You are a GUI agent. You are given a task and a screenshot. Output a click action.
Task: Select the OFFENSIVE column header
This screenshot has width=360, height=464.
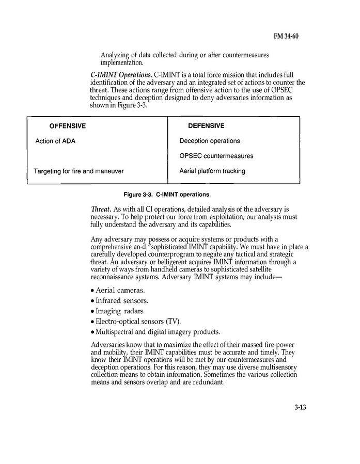tap(68, 126)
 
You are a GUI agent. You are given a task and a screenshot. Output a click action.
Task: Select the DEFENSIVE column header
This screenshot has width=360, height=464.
tap(206, 126)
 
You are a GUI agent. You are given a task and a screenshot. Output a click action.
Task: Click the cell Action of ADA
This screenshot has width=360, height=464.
tap(55, 141)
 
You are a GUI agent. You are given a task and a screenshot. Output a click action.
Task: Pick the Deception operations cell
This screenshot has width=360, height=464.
tap(210, 141)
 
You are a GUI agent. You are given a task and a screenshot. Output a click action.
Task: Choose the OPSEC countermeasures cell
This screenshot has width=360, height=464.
tap(216, 156)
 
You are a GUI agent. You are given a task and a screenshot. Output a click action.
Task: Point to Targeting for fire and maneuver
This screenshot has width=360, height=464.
tap(79, 171)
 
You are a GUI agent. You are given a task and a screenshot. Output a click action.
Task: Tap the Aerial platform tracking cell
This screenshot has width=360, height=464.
tap(212, 171)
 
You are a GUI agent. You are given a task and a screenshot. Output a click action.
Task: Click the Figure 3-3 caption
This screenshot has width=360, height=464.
tap(167, 195)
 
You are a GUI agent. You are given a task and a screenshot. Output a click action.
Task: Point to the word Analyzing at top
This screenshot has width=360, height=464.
tap(115, 55)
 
